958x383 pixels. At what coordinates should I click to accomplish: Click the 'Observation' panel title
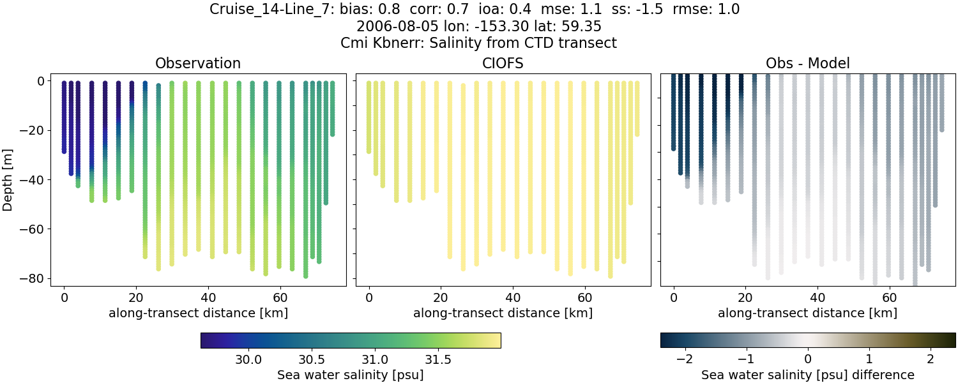pos(198,63)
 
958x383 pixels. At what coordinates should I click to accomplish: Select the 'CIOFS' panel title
pos(503,63)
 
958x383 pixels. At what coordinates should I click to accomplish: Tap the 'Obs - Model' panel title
pos(807,63)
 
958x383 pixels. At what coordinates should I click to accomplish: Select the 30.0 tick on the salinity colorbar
pos(248,359)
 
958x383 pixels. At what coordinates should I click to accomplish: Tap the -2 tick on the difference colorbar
pos(685,359)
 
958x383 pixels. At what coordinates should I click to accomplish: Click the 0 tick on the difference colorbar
pos(808,359)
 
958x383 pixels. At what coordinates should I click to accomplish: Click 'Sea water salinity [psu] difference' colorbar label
pos(807,375)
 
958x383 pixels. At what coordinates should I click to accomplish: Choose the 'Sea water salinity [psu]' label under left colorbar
pos(350,375)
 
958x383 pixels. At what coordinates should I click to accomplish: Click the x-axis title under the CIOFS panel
pos(503,313)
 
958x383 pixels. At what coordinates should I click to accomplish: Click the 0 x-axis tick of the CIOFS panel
pos(369,297)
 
